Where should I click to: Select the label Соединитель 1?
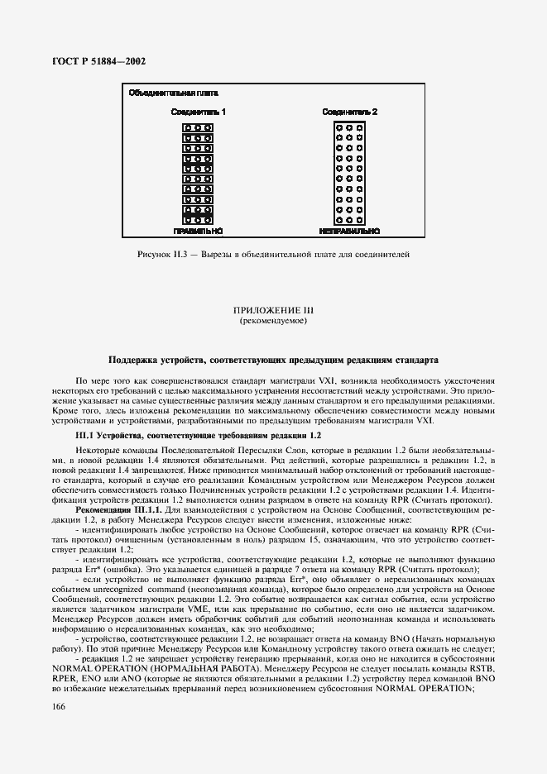[x=198, y=111]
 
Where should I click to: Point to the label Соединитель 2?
[x=350, y=111]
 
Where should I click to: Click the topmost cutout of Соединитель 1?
[x=198, y=128]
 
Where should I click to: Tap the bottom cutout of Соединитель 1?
[x=198, y=220]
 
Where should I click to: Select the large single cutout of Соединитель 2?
[x=349, y=174]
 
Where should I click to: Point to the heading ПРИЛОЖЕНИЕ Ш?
[x=273, y=310]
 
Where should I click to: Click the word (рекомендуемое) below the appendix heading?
[x=273, y=320]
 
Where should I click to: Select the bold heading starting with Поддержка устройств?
[x=273, y=360]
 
